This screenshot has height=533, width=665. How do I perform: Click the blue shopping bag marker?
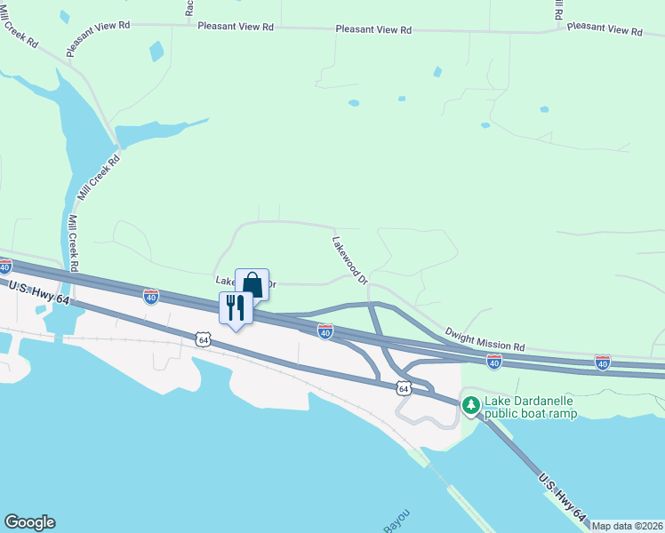[x=252, y=284]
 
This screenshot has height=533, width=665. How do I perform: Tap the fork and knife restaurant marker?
[x=236, y=308]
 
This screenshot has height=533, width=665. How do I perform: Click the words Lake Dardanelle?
[x=529, y=402]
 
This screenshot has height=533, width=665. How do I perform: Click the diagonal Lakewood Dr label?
[x=349, y=260]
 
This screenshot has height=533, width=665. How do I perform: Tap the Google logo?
[x=29, y=522]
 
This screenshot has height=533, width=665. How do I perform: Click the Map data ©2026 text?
[x=627, y=526]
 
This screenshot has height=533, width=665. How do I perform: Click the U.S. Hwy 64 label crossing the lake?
[x=562, y=495]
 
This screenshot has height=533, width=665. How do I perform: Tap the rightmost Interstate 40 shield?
[x=603, y=362]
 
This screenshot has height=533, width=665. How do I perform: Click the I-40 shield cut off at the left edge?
[x=4, y=266]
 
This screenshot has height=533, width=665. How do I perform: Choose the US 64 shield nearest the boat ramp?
[x=404, y=388]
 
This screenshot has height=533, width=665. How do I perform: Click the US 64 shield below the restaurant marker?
[x=204, y=339]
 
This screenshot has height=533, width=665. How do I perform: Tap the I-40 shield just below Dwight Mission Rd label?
[x=494, y=362]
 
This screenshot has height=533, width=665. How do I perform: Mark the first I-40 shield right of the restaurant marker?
[x=325, y=331]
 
